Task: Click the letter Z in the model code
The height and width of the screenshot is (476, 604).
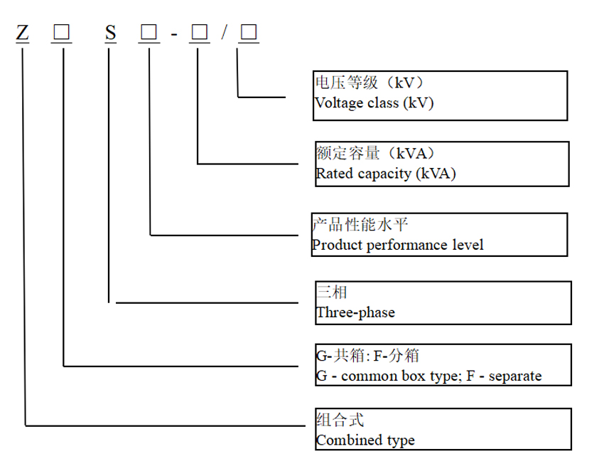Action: coord(23,33)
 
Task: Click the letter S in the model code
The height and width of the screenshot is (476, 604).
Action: coord(110,33)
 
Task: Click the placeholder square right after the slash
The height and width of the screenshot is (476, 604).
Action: coord(248,33)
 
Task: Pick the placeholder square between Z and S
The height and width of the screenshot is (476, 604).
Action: coord(62,33)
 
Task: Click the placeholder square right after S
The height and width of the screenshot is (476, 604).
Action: coord(149,33)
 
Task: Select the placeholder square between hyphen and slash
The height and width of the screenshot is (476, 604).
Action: coord(198,33)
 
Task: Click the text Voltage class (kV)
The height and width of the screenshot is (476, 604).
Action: coord(374,103)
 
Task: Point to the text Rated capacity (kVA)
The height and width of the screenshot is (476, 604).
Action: coord(386,173)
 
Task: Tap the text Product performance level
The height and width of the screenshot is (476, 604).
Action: coord(397,245)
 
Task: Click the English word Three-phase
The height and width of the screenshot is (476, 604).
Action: coord(355,312)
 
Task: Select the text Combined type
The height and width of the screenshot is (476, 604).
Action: coord(365,440)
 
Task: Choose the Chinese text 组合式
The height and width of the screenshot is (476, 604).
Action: coord(340,421)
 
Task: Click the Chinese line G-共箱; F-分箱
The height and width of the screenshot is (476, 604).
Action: coord(372,356)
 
